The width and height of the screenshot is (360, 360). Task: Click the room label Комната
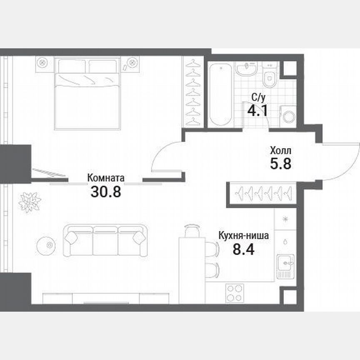pyautogui.click(x=105, y=178)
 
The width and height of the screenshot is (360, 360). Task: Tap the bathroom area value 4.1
pyautogui.click(x=257, y=111)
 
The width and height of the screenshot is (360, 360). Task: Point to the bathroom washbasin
pyautogui.click(x=247, y=69)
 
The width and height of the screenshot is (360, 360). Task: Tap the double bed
pyautogui.click(x=87, y=93)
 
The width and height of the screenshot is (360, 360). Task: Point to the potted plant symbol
pyautogui.click(x=30, y=202)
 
